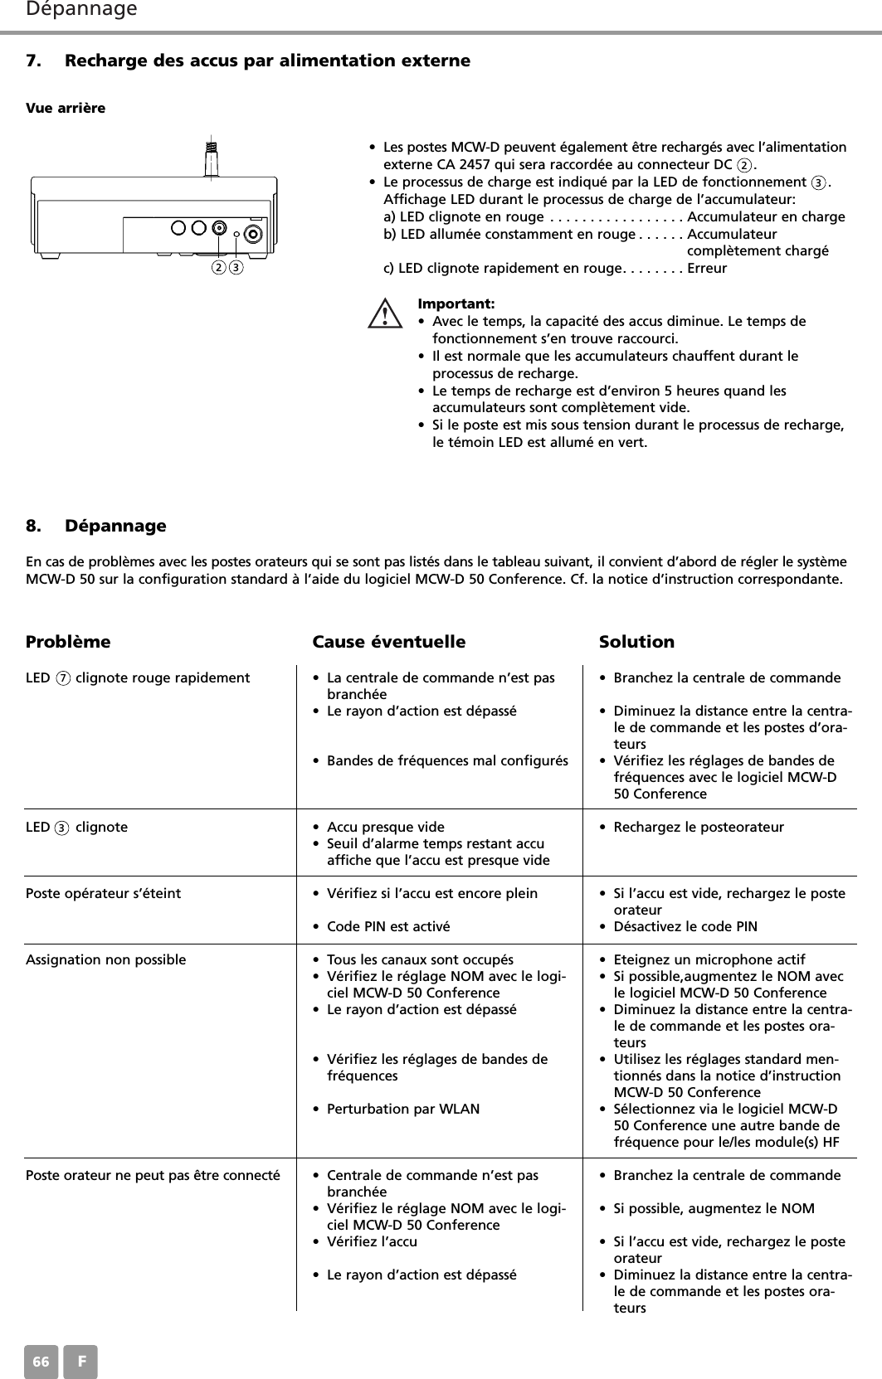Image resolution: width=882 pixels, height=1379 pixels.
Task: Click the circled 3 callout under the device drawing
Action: [236, 268]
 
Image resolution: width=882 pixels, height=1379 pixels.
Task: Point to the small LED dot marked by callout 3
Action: [236, 235]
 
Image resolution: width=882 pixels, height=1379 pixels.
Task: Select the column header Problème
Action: [68, 642]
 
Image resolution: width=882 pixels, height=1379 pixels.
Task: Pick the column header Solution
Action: [636, 642]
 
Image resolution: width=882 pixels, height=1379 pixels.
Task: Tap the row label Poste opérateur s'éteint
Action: [104, 893]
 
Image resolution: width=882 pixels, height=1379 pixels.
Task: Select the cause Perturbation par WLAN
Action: [403, 1109]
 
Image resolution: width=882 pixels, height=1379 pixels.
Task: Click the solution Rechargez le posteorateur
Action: [698, 827]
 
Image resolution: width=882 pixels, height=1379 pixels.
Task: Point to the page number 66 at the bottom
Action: [41, 1362]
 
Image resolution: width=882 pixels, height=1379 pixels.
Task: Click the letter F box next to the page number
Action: [81, 1362]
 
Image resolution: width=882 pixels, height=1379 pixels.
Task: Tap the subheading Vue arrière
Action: [66, 109]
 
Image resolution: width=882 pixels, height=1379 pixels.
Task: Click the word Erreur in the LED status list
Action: [707, 269]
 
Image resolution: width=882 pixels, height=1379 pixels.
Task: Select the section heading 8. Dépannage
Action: [96, 526]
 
